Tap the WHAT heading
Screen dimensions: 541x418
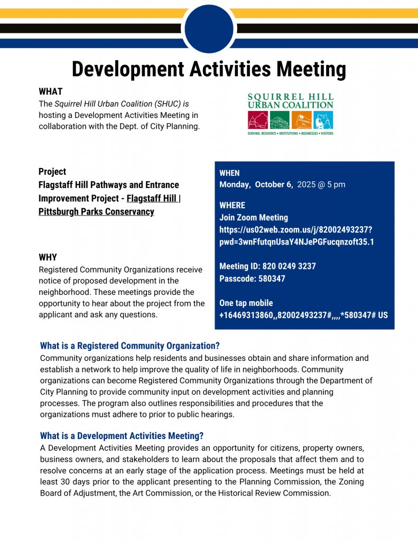50,91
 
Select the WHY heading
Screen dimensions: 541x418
48,257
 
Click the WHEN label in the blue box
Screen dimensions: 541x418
229,173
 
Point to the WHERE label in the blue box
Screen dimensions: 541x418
232,205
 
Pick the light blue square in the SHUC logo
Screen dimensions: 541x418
323,120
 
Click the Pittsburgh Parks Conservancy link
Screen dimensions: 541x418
96,212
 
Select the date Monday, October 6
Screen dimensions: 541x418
256,184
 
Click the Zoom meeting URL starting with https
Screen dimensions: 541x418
296,230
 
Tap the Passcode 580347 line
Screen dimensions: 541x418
252,278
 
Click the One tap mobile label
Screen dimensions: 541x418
246,303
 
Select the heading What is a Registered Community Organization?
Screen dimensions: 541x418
129,346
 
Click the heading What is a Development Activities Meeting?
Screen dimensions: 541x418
122,436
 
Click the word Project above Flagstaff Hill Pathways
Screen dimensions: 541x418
52,172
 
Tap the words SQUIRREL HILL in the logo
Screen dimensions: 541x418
290,97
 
